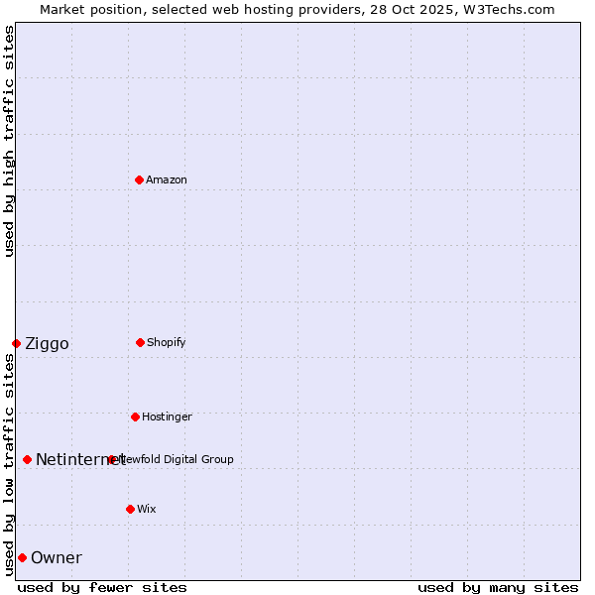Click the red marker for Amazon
[x=140, y=179]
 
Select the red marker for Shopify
[x=140, y=342]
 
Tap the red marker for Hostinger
[x=135, y=416]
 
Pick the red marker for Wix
[x=130, y=509]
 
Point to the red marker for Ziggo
[x=16, y=343]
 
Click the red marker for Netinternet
[x=27, y=459]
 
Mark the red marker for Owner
[x=22, y=557]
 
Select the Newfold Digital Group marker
[x=112, y=459]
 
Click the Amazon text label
[x=167, y=179]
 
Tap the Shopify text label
[x=167, y=342]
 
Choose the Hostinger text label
[x=167, y=416]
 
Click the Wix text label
[x=147, y=509]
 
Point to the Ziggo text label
[x=47, y=344]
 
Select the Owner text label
[x=57, y=558]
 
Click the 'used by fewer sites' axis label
[x=102, y=587]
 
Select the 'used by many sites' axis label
[x=498, y=587]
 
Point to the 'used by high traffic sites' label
[x=9, y=141]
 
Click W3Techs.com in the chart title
[x=505, y=9]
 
